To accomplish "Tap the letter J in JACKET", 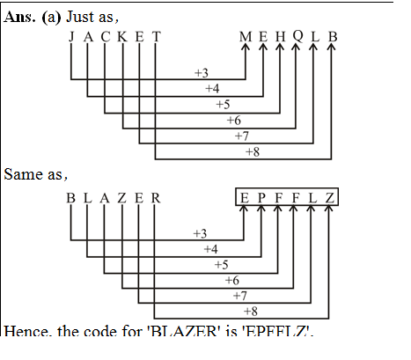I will pos(71,37).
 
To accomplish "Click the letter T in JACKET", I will pos(156,37).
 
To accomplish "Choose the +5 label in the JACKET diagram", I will pos(222,105).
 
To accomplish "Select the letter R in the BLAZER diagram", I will pos(156,197).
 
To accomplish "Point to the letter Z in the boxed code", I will pos(328,197).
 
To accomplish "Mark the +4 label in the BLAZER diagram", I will pos(210,249).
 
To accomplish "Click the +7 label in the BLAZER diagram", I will pos(240,295).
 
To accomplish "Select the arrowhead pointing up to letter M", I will pos(246,50).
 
